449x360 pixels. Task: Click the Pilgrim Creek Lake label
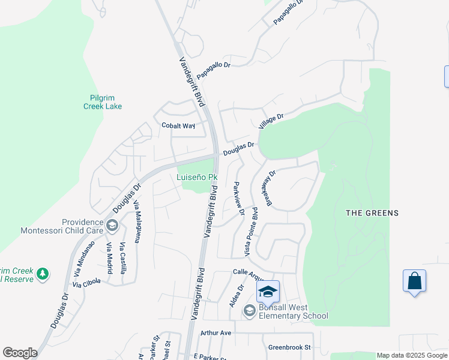coord(102,102)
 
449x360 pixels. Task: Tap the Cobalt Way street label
coord(178,126)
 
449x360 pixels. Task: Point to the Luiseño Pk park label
coord(196,177)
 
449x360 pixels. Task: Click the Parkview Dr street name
coord(238,199)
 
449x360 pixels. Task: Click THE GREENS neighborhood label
coord(372,213)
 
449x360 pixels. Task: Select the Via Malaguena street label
coord(137,221)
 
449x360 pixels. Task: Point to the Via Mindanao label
coord(84,257)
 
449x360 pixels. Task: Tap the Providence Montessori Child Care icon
coord(112,226)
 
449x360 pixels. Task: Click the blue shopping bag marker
coord(414,281)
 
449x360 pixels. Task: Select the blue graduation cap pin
coord(268,292)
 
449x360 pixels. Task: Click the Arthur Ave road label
coord(216,332)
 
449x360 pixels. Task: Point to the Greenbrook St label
coord(289,347)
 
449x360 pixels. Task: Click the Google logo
coord(20,353)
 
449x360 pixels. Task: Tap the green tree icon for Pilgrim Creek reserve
coord(42,274)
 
